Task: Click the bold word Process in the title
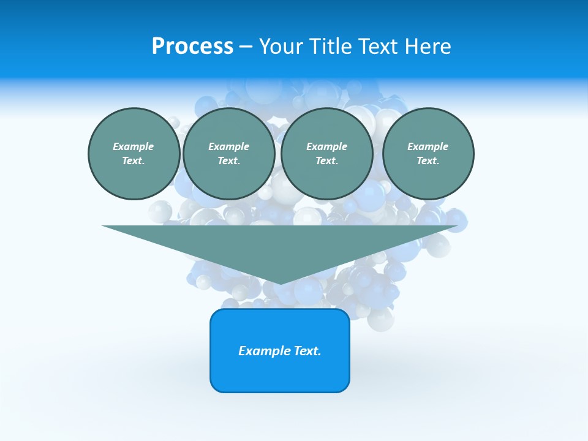point(192,47)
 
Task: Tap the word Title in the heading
point(330,47)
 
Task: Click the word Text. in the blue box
point(307,351)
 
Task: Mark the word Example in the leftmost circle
point(134,146)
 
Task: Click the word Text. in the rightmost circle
point(428,160)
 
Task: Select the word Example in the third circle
point(326,146)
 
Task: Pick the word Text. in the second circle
point(229,160)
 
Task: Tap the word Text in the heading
point(375,47)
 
